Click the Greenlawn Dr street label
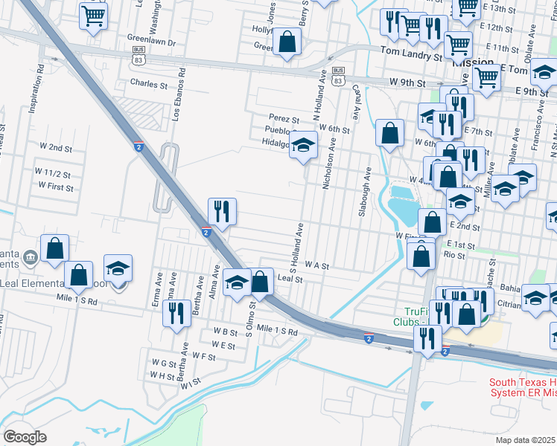pos(151,42)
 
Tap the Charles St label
pos(149,85)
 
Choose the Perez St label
pos(284,119)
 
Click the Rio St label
pos(453,256)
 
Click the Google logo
pos(25,437)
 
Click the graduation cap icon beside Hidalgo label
pos(303,145)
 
